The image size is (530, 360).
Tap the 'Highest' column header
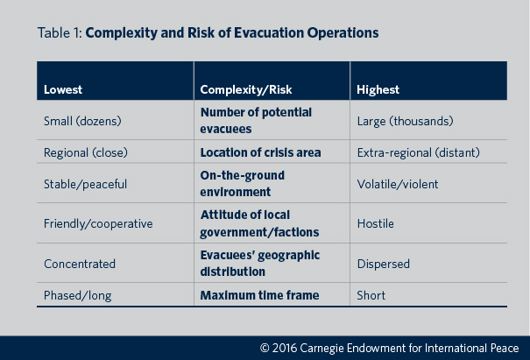pyautogui.click(x=378, y=89)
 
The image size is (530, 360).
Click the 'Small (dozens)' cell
pyautogui.click(x=83, y=120)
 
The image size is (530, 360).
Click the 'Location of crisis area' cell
pyautogui.click(x=260, y=152)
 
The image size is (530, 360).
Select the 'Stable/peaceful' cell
pyautogui.click(x=85, y=184)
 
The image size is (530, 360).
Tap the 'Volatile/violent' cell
pyautogui.click(x=398, y=184)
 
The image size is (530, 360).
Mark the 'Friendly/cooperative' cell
pyautogui.click(x=98, y=223)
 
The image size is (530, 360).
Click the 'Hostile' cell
pyautogui.click(x=376, y=223)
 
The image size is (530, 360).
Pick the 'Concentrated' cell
pyautogui.click(x=80, y=263)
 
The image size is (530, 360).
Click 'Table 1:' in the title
pyautogui.click(x=60, y=33)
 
